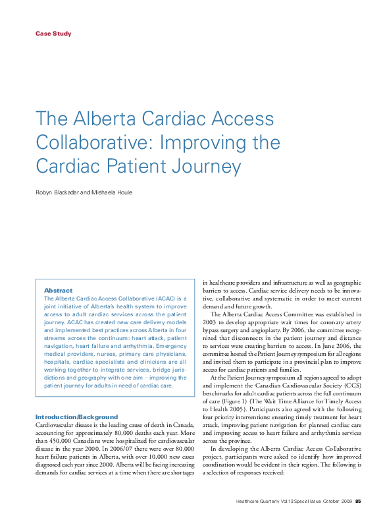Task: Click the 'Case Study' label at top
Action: tap(53, 34)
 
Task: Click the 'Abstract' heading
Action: tap(58, 291)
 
